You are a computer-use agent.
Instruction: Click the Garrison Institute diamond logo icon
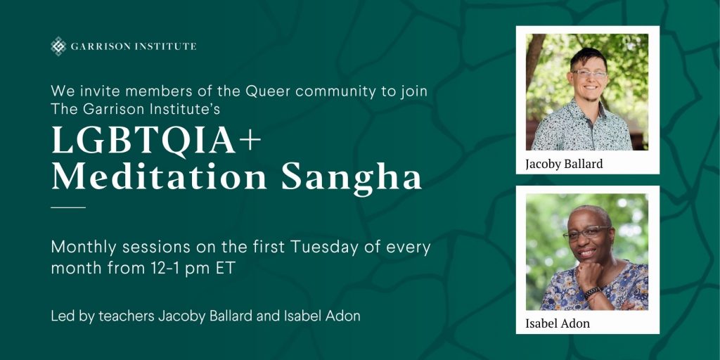pyautogui.click(x=58, y=46)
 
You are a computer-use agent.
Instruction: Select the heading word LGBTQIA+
pyautogui.click(x=156, y=141)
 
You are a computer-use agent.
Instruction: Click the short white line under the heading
pyautogui.click(x=68, y=207)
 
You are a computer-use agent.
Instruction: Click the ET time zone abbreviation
pyautogui.click(x=224, y=269)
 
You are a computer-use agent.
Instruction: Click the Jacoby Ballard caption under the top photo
pyautogui.click(x=565, y=164)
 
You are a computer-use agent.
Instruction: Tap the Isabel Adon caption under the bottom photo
pyautogui.click(x=558, y=323)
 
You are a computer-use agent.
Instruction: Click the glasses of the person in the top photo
pyautogui.click(x=590, y=73)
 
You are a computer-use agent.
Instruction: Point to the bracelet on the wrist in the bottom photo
pyautogui.click(x=592, y=292)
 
